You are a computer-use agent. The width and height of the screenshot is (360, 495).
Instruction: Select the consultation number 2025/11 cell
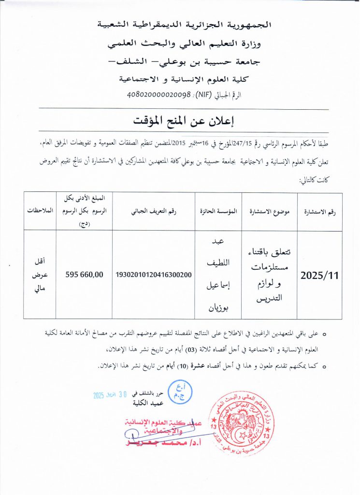(x=319, y=275)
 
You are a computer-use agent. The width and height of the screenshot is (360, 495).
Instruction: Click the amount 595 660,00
(x=84, y=275)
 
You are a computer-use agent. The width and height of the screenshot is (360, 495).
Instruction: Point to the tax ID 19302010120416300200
(x=154, y=275)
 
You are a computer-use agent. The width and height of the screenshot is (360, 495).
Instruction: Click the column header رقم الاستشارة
(x=319, y=211)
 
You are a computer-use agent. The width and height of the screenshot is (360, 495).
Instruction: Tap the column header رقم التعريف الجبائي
(x=154, y=211)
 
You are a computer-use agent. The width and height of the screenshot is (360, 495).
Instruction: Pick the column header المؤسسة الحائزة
(x=218, y=211)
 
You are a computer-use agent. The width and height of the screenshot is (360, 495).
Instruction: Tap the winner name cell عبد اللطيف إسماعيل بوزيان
(x=218, y=274)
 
